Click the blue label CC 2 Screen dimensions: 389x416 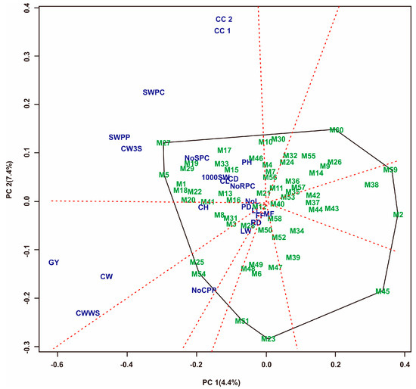(x=223, y=20)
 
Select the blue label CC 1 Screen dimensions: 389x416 (x=223, y=31)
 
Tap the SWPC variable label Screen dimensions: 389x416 (x=154, y=92)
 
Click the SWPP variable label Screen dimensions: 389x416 (x=120, y=138)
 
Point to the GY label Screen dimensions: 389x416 (x=54, y=263)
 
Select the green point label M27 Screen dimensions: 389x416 (x=163, y=143)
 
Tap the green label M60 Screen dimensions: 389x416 (x=337, y=130)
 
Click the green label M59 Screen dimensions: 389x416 (x=390, y=170)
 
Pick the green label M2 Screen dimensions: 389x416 (x=398, y=215)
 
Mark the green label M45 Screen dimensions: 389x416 (x=383, y=291)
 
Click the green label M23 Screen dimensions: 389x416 (x=268, y=339)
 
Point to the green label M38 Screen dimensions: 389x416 (x=371, y=185)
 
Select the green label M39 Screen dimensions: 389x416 (x=293, y=258)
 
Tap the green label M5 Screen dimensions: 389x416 (x=163, y=176)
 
